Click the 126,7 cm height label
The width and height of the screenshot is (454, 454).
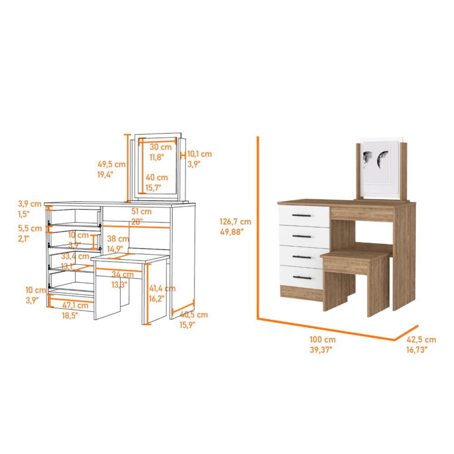point(235,222)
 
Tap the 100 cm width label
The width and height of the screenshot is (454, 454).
point(323,340)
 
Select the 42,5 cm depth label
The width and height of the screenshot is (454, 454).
point(421,340)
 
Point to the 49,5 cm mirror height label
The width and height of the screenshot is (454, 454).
point(111,164)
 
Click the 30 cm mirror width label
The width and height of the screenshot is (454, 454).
point(161,147)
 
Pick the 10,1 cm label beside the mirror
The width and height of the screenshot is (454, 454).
point(199,154)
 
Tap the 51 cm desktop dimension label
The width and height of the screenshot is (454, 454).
point(141,212)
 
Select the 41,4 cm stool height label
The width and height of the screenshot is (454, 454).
point(163,288)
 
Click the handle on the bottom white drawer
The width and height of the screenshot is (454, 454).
point(303,276)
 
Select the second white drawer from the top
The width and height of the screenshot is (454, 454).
point(303,237)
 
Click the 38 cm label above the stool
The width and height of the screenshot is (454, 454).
point(117,239)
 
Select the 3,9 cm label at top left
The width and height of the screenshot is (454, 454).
point(30,204)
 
